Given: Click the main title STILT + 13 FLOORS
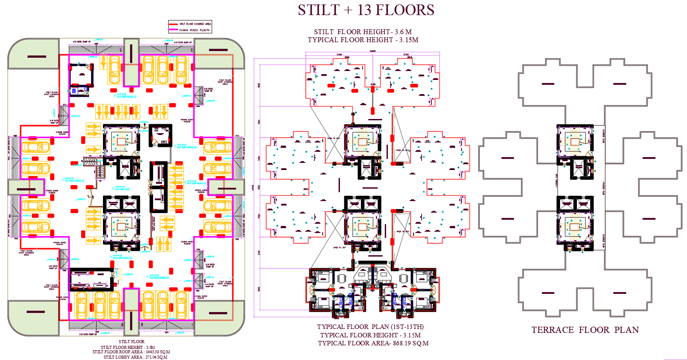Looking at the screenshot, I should coord(366,10).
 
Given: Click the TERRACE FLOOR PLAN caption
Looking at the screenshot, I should coord(585,330).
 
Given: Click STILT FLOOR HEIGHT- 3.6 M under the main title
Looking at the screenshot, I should coord(363,32).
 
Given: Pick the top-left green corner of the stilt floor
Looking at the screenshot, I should coord(33,54).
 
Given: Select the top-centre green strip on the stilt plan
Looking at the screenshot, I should coord(131,62).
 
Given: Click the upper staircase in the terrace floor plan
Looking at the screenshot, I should coord(575,142).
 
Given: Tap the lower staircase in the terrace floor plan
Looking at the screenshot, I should coord(575,226).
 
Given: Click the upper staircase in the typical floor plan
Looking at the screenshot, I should coord(363,142).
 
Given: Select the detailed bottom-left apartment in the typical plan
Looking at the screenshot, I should coord(331,291).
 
